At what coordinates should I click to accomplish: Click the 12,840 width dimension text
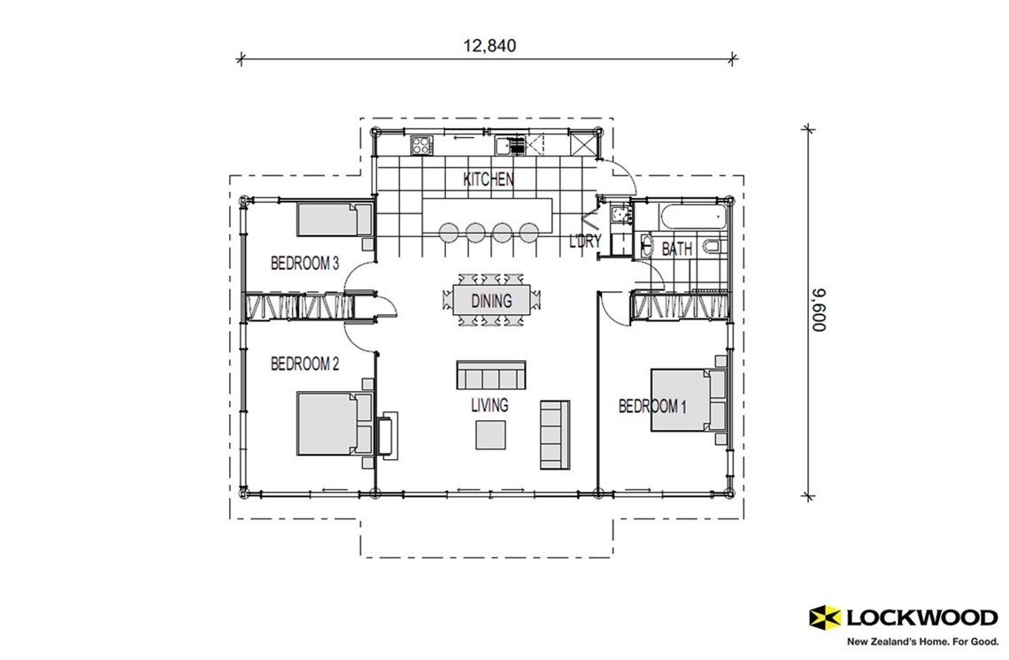tap(488, 44)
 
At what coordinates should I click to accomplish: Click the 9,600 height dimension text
tap(818, 310)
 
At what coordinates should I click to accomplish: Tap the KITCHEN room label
tap(488, 180)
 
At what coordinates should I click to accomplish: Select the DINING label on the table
tap(490, 301)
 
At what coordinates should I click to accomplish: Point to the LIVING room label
tap(489, 405)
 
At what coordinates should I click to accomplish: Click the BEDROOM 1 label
tap(652, 406)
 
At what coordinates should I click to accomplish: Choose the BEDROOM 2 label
tap(304, 363)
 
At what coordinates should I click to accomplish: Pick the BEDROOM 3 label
tap(304, 263)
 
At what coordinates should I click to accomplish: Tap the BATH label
tap(676, 249)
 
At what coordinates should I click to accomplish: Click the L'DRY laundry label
tap(585, 241)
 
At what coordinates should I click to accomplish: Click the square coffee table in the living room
tap(491, 434)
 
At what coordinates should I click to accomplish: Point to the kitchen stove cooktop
tap(422, 143)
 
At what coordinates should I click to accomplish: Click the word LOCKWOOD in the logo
tap(921, 617)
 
